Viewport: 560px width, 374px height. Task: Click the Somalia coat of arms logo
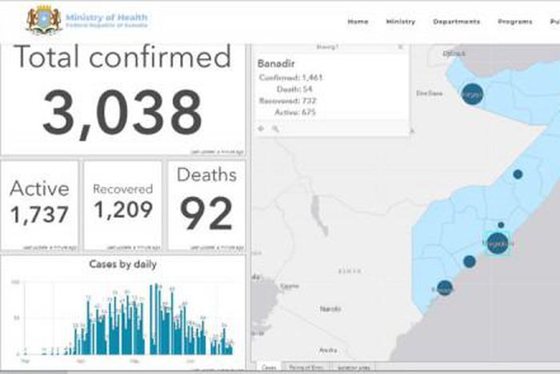[43, 20]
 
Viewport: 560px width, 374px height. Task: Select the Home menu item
[358, 22]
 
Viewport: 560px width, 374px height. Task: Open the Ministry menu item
[400, 22]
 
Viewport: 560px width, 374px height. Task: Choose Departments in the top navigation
[456, 22]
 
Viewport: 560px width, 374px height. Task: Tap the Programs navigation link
[514, 22]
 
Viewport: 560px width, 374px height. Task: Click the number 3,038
[122, 112]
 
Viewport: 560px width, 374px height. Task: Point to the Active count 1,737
[39, 215]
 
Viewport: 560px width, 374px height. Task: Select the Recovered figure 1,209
[122, 210]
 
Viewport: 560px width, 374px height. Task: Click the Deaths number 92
[206, 213]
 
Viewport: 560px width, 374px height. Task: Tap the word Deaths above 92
[206, 175]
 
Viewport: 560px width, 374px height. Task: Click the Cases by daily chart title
[122, 264]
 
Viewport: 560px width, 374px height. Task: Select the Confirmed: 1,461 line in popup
[290, 78]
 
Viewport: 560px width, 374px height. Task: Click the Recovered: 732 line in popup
[288, 101]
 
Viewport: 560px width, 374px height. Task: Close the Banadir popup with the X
[401, 48]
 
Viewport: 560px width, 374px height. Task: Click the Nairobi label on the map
[330, 308]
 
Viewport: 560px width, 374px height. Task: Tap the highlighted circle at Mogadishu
[497, 242]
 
